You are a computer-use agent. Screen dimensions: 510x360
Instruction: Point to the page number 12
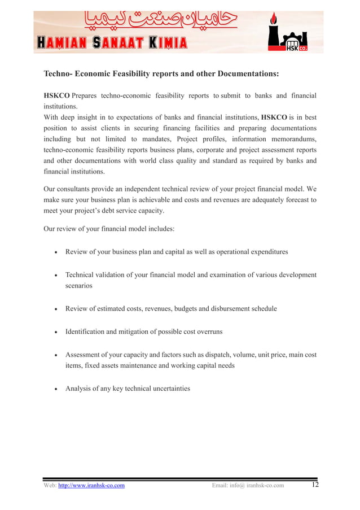[315, 485]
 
